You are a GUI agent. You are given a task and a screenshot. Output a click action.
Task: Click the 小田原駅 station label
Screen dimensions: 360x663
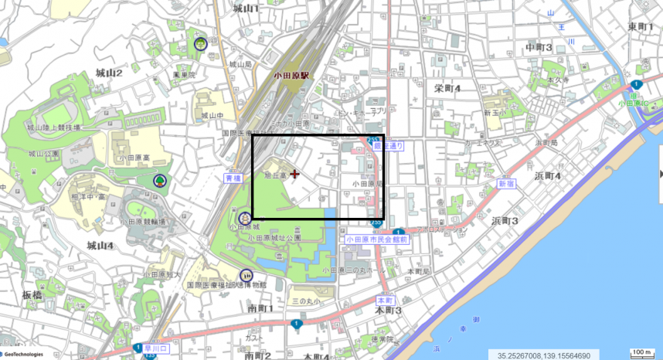click(291, 76)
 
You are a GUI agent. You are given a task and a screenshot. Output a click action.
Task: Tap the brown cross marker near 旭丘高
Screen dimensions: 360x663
click(294, 175)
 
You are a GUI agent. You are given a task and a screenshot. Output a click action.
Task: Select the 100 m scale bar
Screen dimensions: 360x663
click(641, 353)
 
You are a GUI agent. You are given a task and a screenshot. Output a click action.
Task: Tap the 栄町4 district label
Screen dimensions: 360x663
click(447, 88)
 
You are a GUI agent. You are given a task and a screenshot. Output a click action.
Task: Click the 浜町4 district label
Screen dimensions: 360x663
click(547, 175)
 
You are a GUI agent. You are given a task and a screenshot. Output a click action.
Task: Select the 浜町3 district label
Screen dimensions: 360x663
click(504, 222)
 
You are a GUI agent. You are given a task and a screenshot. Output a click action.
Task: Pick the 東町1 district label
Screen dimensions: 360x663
click(641, 27)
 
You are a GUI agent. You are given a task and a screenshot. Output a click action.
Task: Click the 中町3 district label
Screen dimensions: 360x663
click(538, 48)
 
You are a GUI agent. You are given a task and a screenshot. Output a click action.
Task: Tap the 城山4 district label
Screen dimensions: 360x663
click(100, 246)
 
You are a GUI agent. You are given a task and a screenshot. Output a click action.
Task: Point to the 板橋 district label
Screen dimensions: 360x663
click(32, 296)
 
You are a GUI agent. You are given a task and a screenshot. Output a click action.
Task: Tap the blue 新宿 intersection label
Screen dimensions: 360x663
click(506, 184)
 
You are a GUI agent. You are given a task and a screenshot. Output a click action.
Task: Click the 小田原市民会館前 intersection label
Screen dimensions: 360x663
click(377, 239)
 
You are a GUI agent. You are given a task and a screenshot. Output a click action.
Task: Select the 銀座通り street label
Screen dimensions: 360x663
click(387, 144)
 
